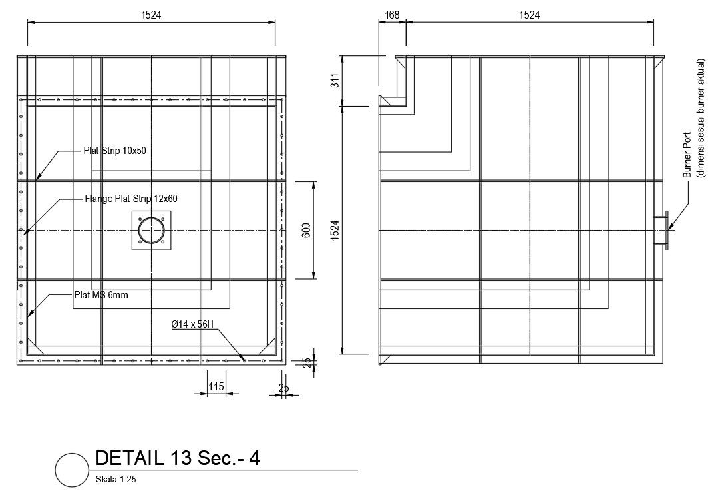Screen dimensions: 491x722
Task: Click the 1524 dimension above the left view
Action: coord(151,14)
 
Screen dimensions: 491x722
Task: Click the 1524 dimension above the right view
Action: coord(529,14)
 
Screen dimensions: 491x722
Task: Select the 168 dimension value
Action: coord(392,14)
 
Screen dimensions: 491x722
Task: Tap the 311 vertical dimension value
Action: coord(335,80)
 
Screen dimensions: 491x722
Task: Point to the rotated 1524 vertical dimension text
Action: coord(335,230)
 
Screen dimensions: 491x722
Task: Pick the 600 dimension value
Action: coord(306,230)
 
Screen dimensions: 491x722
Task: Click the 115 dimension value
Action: coord(216,386)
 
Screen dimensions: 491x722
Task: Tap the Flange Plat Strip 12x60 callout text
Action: coord(130,199)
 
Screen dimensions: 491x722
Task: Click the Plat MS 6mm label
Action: coord(100,294)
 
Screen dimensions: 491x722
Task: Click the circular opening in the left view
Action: coord(152,231)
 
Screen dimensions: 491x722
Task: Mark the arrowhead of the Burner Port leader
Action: coord(671,228)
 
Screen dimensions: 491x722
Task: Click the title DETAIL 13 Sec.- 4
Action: coord(177,458)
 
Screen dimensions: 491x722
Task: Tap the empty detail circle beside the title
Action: coord(72,470)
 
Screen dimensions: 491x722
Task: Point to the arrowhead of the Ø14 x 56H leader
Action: coord(244,360)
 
